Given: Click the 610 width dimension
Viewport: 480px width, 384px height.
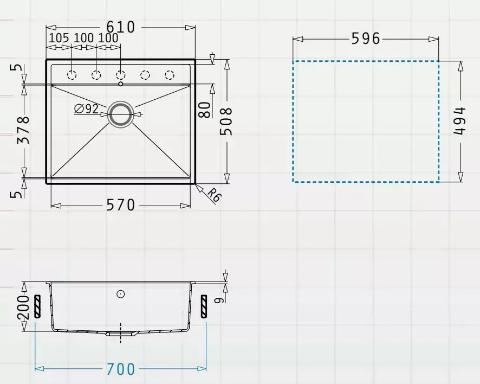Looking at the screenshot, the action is (x=121, y=27).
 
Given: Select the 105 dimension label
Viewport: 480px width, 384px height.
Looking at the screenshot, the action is (x=59, y=38).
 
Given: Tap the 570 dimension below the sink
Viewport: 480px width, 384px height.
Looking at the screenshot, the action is (x=121, y=205).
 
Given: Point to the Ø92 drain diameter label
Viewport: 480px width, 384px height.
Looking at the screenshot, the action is (x=86, y=109).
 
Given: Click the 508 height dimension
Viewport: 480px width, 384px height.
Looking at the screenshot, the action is (x=227, y=121).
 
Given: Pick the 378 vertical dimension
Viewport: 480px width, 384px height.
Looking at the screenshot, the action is (x=24, y=130).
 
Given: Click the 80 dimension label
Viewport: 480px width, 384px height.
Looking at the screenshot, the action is (x=205, y=110).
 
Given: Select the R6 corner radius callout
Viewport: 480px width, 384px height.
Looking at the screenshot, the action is (x=214, y=195).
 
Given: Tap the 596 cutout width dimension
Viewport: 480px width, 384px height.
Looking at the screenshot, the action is (x=366, y=39).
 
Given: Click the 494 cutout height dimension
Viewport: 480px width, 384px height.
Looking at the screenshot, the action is (x=459, y=121).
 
